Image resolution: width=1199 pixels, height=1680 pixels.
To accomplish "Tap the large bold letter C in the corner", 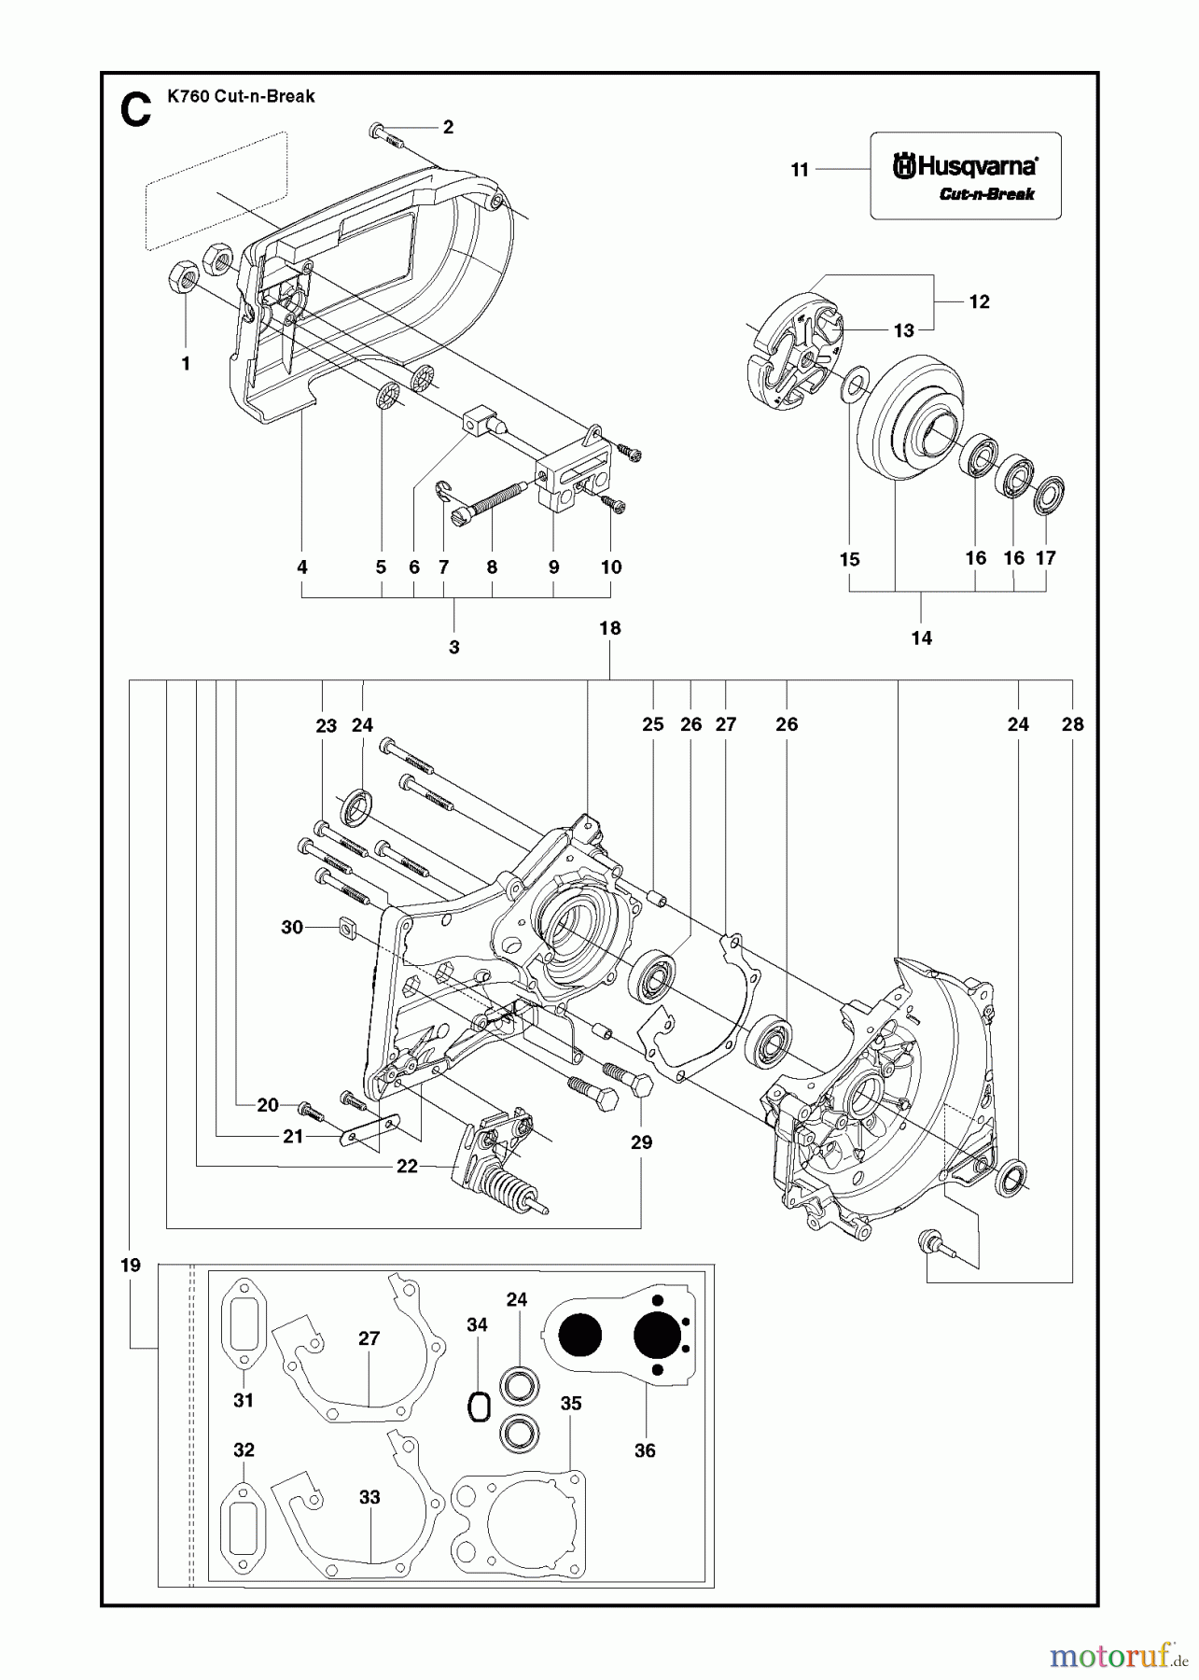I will coord(136,110).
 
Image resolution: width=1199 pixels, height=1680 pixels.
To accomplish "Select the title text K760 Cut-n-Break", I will coord(241,96).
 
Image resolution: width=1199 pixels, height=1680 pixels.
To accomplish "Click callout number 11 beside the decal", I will coord(800,170).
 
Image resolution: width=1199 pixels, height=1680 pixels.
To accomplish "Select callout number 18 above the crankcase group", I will coord(609,628).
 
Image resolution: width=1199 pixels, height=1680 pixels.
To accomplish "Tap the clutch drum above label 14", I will coord(898,421).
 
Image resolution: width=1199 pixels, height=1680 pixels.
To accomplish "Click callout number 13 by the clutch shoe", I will coord(904,329).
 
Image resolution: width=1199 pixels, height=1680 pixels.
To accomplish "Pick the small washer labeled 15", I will coord(850,385).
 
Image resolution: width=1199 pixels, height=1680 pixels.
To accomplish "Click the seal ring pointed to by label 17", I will coord(1051,495).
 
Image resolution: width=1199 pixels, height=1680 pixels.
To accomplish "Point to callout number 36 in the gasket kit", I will coord(645,1450).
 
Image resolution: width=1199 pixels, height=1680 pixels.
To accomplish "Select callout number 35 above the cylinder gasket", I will coord(571,1403).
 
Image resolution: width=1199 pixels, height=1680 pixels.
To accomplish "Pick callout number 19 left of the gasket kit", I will coord(131,1265).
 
